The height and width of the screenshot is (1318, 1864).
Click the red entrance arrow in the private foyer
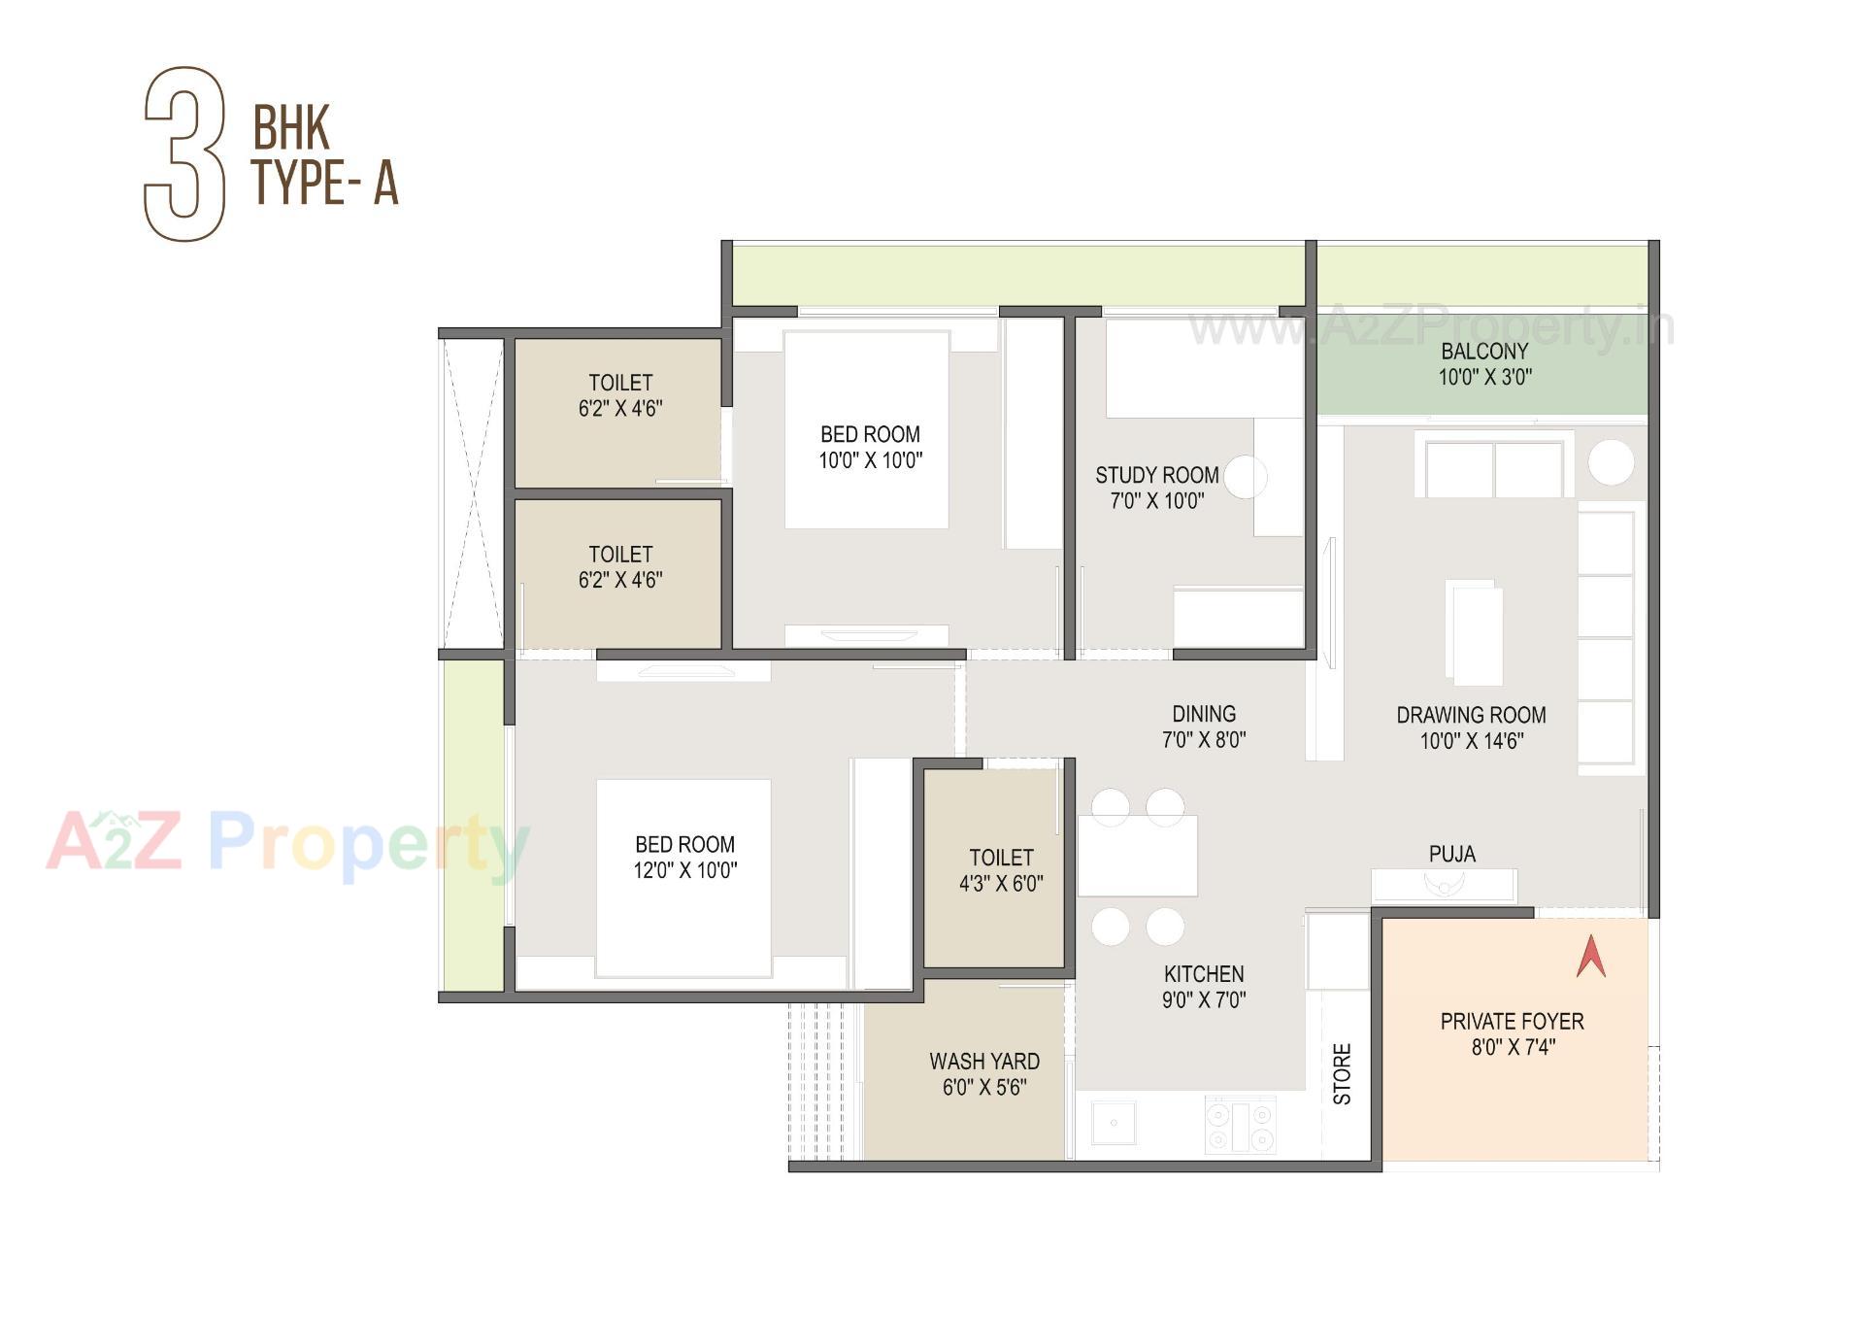pos(1590,957)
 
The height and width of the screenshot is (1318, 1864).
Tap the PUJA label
pos(1451,854)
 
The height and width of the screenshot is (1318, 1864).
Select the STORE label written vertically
pos(1342,1073)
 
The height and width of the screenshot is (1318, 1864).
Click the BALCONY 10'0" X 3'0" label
pos(1484,364)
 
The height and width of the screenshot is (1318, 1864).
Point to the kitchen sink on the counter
pos(1113,1124)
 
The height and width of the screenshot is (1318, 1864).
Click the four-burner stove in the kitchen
pos(1240,1126)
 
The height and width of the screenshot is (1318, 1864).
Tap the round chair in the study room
pos(1246,477)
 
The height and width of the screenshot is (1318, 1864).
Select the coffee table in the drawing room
pos(1474,632)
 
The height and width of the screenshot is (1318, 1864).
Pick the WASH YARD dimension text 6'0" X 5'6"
pos(983,1087)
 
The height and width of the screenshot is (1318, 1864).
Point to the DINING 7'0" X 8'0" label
pos(1203,727)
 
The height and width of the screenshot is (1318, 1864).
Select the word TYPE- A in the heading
pos(325,182)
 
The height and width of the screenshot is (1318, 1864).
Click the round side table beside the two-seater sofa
pos(1611,462)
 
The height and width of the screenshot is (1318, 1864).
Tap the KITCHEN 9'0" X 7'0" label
pos(1203,987)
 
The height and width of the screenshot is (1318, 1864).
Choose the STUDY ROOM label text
pos(1156,475)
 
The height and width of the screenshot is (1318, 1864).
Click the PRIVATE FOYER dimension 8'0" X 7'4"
pos(1513,1047)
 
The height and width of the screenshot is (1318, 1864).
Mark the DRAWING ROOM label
pos(1471,715)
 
